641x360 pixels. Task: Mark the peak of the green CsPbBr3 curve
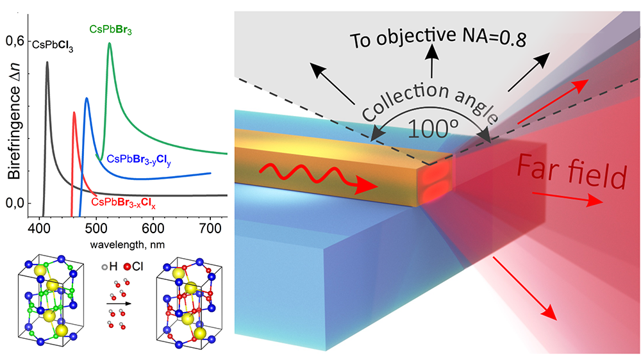click(110, 44)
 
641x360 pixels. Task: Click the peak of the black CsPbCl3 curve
click(47, 62)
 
